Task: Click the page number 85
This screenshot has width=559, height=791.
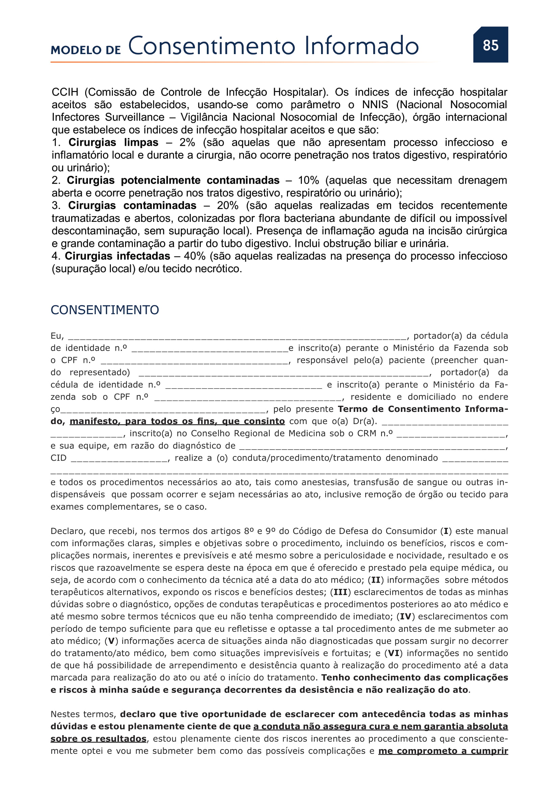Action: tap(490, 45)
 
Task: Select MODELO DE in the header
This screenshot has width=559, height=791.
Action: tap(86, 50)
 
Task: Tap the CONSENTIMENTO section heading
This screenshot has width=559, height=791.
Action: tap(105, 310)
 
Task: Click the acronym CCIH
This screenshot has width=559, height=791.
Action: tap(65, 92)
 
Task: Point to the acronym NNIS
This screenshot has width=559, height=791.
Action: tap(375, 104)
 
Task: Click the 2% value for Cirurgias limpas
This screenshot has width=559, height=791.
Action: tap(187, 142)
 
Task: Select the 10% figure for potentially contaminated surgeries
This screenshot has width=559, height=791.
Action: tap(308, 180)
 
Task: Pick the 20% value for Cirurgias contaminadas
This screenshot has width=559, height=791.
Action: tap(227, 205)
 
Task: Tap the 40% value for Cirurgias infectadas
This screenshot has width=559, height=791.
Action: tap(194, 256)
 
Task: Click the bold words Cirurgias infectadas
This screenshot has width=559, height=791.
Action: tap(117, 256)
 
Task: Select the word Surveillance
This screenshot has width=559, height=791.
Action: tap(135, 117)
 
